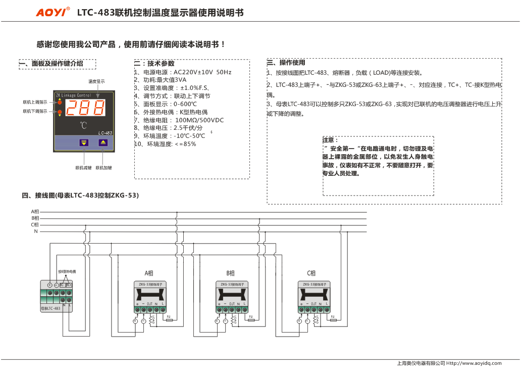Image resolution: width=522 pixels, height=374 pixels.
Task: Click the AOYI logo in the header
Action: (53, 13)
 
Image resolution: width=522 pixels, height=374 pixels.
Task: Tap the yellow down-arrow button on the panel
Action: (83, 143)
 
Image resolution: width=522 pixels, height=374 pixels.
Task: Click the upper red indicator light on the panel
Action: (60, 102)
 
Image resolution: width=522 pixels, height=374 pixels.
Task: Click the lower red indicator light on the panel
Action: (60, 111)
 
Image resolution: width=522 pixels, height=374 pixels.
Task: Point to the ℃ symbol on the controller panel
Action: (83, 125)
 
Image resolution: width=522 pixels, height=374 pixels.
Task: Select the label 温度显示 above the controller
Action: (97, 81)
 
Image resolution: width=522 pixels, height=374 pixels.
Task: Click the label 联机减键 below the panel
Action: (83, 167)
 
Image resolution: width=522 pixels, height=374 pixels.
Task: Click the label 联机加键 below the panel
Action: (103, 167)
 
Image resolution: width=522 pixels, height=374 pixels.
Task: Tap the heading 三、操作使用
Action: (286, 63)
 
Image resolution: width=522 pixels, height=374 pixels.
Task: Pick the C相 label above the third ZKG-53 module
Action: (311, 273)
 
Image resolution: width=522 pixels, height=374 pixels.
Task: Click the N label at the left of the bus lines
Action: (36, 231)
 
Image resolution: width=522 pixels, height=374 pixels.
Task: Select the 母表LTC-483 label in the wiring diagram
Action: (50, 308)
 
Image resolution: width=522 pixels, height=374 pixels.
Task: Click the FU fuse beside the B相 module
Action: (251, 319)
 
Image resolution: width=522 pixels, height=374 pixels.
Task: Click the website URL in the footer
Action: (475, 363)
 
